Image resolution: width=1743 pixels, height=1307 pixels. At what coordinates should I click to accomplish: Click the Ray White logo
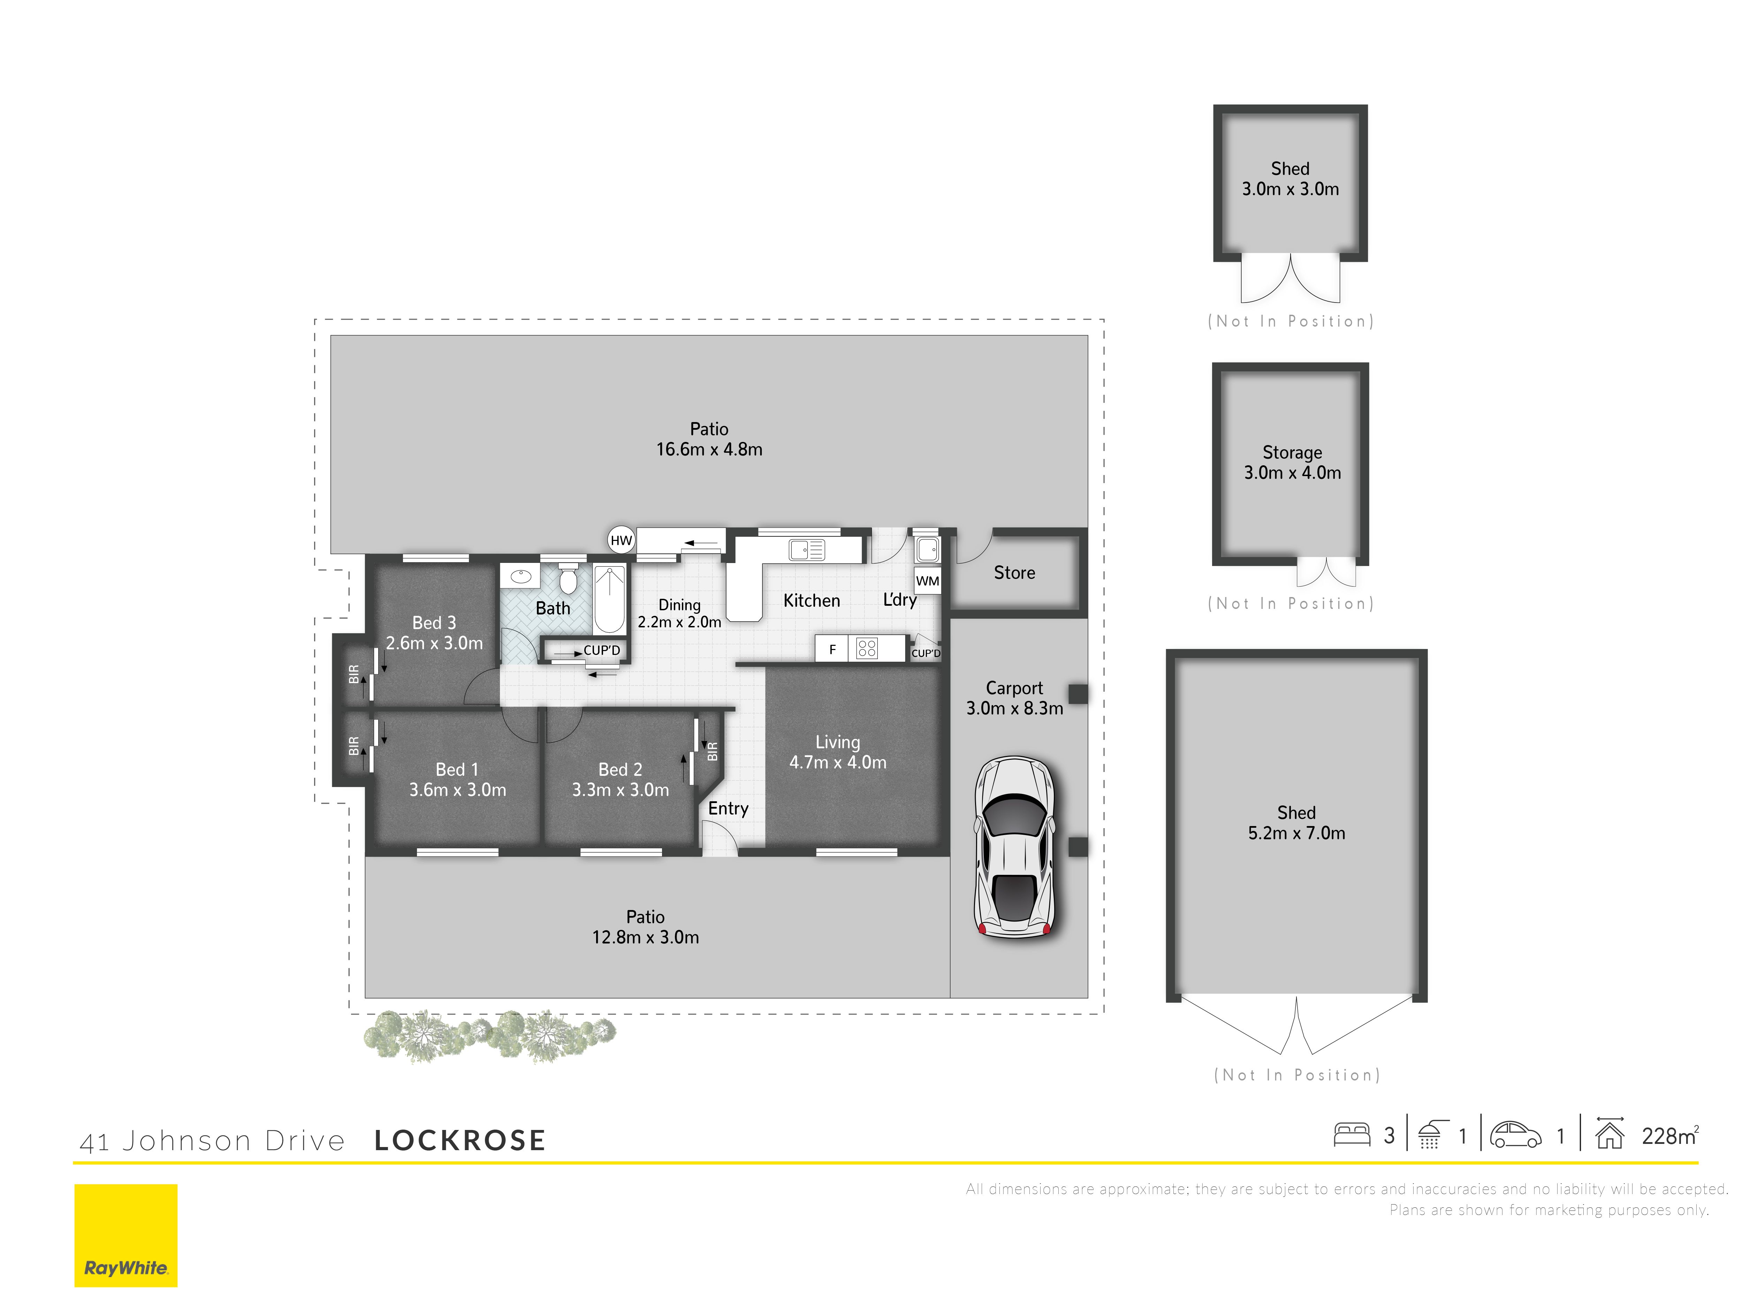tap(126, 1235)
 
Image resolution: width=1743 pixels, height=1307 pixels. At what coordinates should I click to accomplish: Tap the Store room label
tap(1014, 573)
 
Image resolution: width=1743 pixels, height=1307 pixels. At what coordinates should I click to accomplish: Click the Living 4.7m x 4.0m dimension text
tap(838, 763)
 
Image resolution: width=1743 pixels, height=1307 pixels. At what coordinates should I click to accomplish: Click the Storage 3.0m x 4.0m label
tap(1292, 463)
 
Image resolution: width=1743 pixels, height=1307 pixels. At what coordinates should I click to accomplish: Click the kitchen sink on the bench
tap(807, 550)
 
